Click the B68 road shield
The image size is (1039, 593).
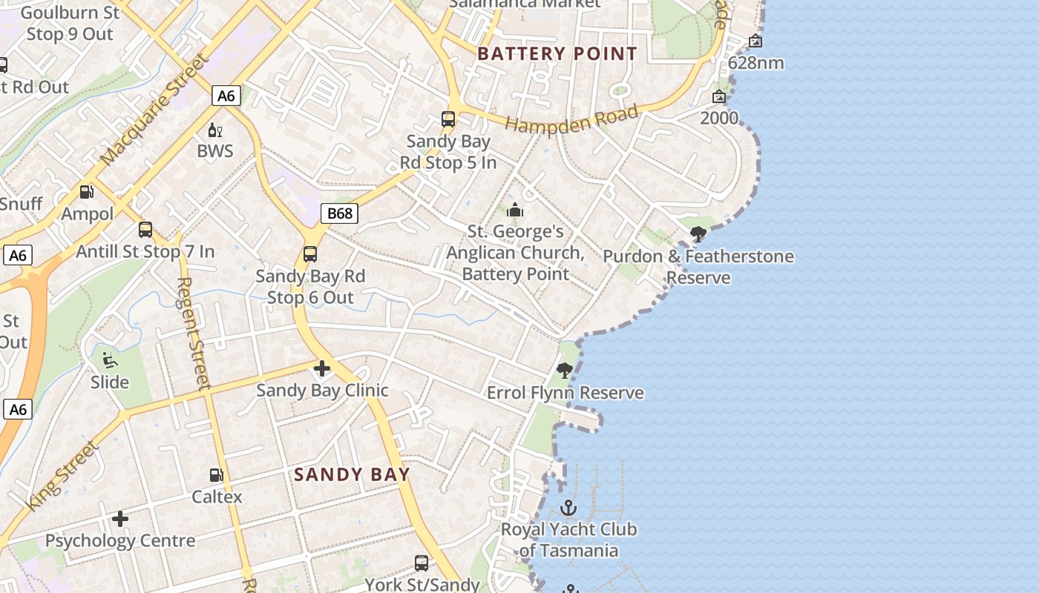340,213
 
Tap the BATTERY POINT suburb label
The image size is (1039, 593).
557,53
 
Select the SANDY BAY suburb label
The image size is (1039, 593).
352,474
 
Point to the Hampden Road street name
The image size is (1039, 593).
572,119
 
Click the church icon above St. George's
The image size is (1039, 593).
515,211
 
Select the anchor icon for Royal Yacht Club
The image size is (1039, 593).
568,508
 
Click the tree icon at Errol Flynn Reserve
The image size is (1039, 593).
565,370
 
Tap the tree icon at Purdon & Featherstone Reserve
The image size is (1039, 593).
698,235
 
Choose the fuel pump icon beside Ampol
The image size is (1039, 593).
87,192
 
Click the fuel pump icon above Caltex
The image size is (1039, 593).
217,474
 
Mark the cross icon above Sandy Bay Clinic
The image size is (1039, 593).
322,368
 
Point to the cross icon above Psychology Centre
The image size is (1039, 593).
120,518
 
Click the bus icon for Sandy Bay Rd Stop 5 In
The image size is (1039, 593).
448,119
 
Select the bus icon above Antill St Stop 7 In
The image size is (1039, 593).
145,230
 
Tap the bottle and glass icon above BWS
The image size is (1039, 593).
215,130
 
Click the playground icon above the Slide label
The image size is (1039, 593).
110,360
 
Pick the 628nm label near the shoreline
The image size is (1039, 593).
756,63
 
